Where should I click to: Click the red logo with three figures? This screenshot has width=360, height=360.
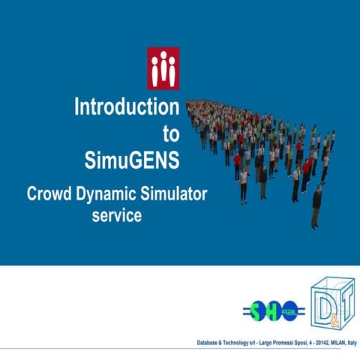point(163,68)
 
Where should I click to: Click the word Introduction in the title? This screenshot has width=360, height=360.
point(126,108)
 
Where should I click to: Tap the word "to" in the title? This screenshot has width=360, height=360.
point(171,134)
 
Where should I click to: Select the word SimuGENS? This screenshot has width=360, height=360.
point(132,160)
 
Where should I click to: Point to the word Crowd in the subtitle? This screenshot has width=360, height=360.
point(50,194)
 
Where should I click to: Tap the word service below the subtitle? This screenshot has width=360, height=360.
point(116,216)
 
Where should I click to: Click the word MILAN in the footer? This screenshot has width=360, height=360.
point(329,342)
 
